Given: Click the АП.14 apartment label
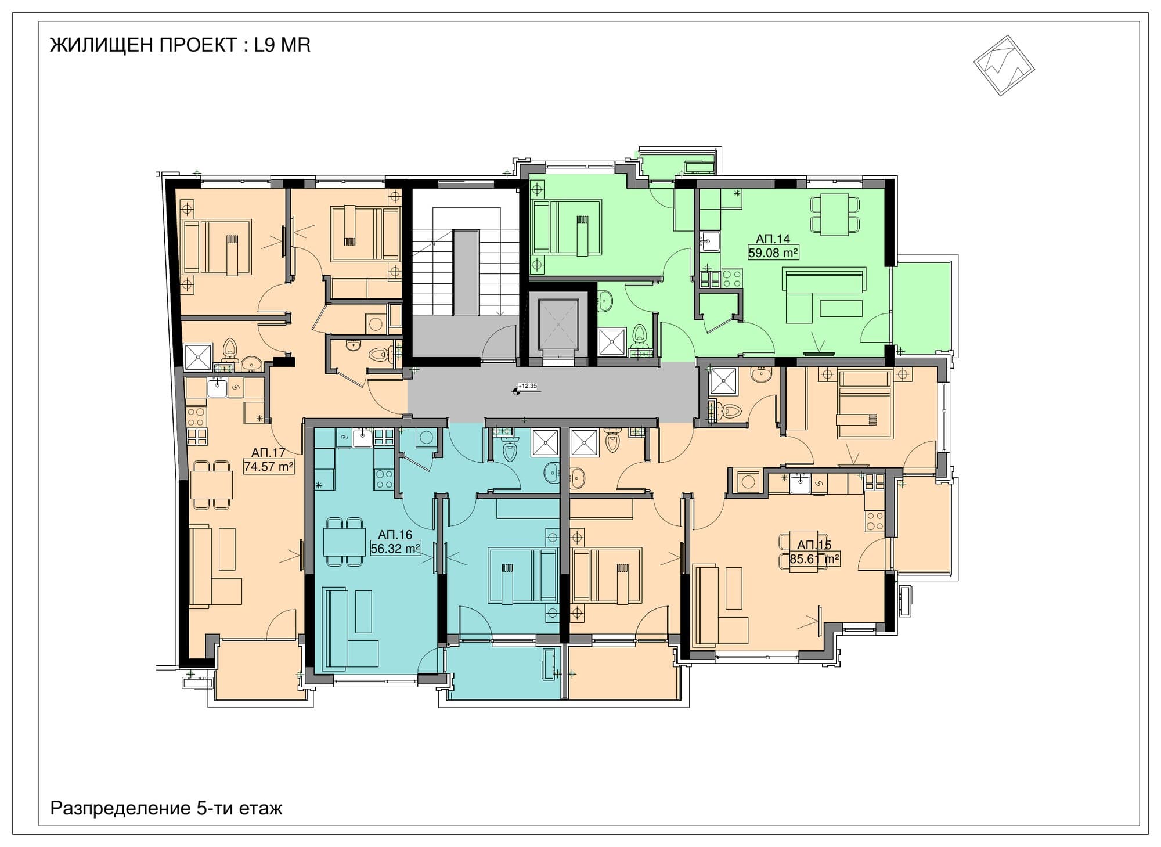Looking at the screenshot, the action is (x=773, y=239).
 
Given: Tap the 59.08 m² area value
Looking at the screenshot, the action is (x=773, y=253).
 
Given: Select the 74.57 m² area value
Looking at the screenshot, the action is (x=269, y=466).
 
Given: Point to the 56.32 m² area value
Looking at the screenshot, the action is (x=395, y=548).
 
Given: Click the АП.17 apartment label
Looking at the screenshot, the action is (x=268, y=452).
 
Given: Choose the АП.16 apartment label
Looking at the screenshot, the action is (x=395, y=534).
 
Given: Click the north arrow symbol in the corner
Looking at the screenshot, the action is (x=1004, y=65).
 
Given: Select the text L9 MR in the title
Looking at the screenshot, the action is (x=282, y=45).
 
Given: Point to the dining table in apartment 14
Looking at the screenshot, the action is (x=835, y=215).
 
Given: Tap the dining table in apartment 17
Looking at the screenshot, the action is (x=211, y=485).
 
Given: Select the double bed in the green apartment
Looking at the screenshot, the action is (x=567, y=228).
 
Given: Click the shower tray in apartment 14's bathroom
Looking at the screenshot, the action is (x=612, y=342).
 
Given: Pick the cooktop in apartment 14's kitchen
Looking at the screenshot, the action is (x=732, y=278).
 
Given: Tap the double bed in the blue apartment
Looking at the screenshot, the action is (x=523, y=575).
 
